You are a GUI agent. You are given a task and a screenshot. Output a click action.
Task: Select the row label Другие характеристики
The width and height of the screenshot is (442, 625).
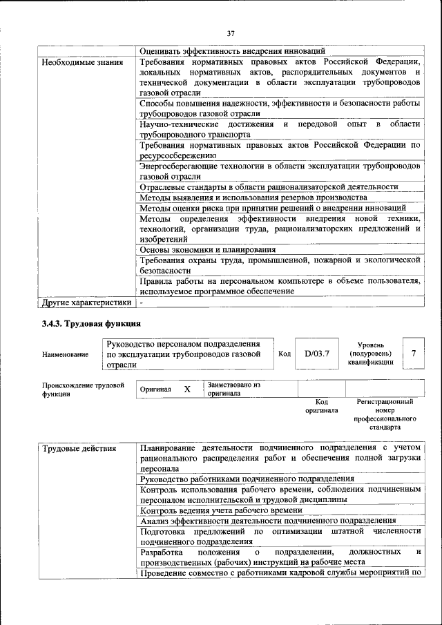[86, 302]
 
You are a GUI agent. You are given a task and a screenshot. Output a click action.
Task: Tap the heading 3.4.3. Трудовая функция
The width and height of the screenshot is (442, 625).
[91, 323]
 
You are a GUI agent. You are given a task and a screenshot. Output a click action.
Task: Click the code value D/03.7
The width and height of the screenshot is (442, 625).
[317, 354]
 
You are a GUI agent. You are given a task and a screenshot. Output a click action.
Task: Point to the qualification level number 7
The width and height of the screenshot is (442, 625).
[413, 354]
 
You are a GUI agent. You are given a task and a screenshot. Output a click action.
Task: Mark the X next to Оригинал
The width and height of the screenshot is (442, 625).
[186, 390]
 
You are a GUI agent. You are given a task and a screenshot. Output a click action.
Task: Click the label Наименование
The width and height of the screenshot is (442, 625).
[65, 355]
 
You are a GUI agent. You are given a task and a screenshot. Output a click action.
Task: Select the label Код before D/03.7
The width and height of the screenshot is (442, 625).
[284, 354]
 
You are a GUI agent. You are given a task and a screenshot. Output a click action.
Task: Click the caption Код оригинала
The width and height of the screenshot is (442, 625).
[322, 405]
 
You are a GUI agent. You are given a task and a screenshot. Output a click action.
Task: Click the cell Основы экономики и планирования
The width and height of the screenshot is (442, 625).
[208, 249]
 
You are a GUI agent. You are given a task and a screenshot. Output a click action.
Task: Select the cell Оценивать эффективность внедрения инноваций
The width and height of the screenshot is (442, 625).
[232, 51]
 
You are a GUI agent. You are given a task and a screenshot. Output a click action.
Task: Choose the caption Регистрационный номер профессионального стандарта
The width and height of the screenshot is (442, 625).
[385, 414]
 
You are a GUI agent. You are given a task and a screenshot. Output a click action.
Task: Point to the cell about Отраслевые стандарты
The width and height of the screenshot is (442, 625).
[269, 186]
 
